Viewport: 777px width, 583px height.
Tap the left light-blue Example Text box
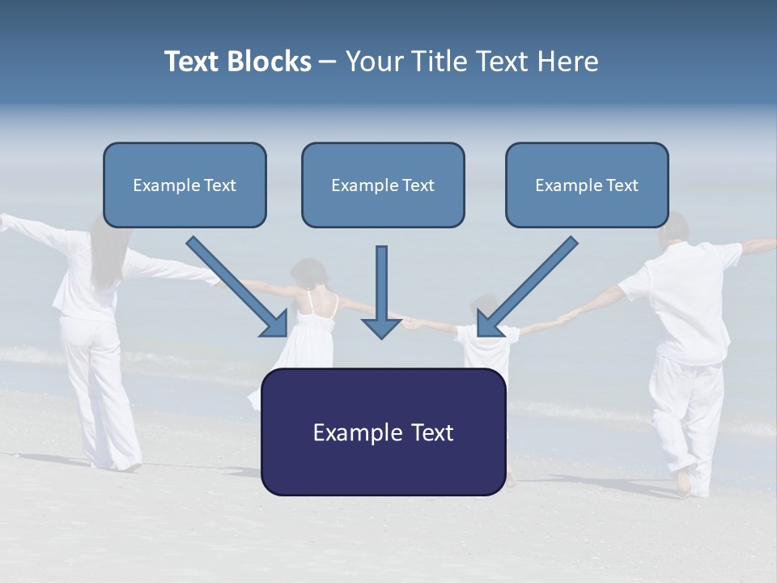(185, 185)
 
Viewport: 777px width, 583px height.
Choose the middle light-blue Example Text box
(383, 185)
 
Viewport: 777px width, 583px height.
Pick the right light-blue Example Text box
(587, 185)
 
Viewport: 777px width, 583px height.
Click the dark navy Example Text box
(383, 432)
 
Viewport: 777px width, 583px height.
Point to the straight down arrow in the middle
(381, 291)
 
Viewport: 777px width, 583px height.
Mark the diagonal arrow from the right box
(528, 287)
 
